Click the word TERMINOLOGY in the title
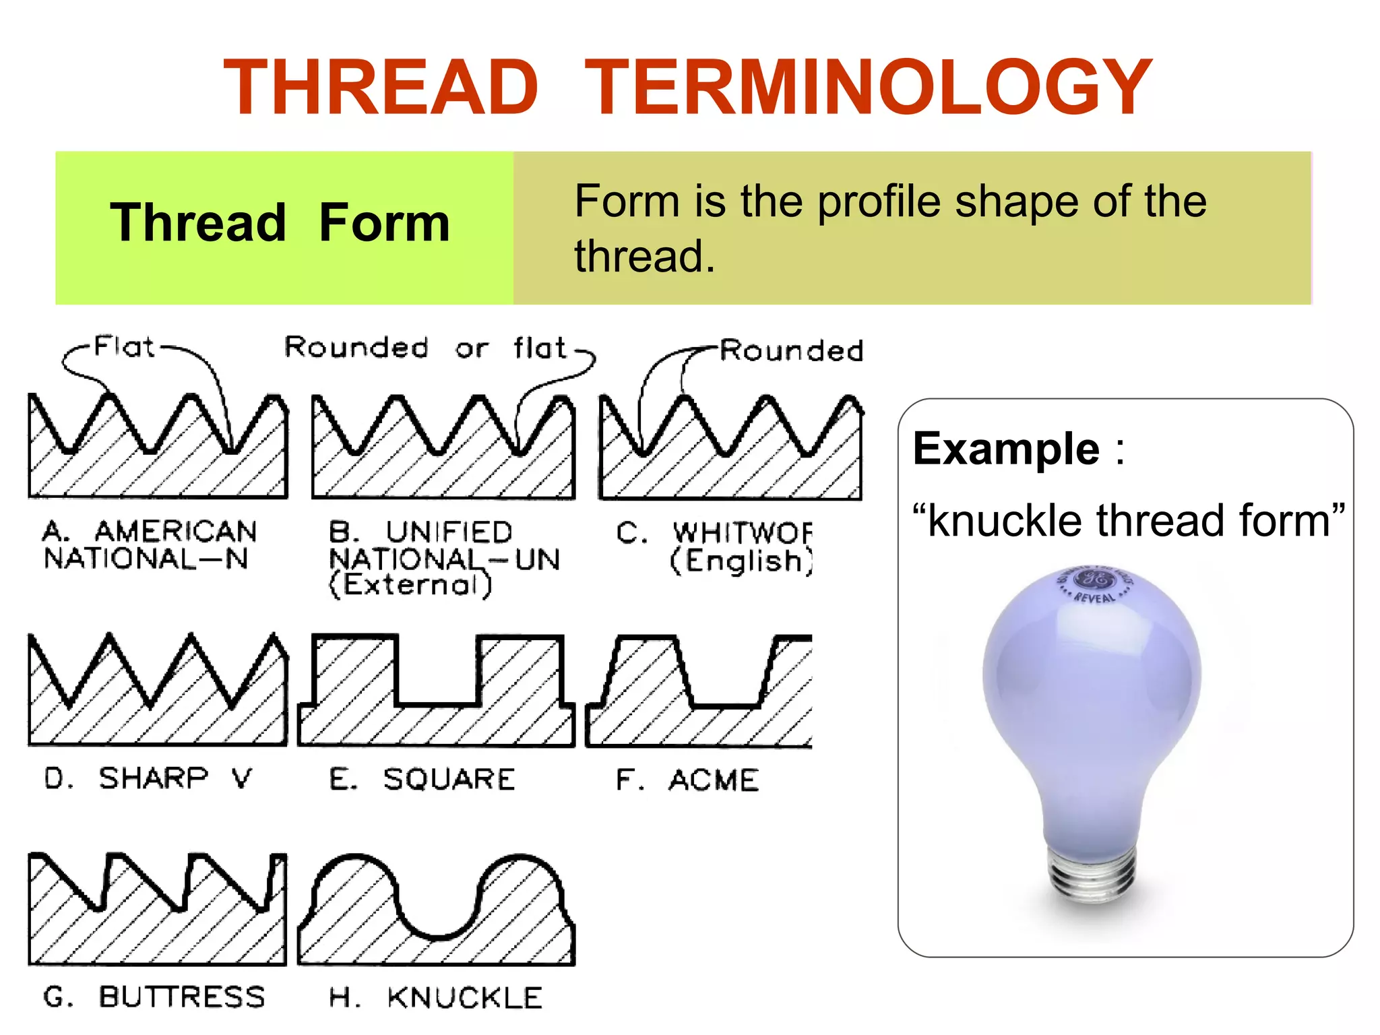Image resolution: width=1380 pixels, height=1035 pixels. point(868,88)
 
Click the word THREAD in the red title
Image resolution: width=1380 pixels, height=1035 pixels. point(381,88)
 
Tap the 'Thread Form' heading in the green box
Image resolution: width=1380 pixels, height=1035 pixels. point(280,223)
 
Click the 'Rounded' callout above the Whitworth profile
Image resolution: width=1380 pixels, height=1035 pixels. point(791,351)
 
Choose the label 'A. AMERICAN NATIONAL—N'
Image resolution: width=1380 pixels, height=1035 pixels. point(148,545)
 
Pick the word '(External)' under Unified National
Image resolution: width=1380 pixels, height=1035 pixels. point(410,585)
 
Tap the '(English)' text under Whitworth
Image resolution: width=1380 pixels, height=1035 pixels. point(741,561)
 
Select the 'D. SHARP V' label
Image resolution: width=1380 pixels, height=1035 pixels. point(148,778)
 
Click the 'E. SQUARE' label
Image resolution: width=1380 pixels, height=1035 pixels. point(422,780)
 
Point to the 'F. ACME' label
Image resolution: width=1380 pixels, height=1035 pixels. point(687,780)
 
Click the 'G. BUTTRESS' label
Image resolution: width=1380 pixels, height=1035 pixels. point(154,997)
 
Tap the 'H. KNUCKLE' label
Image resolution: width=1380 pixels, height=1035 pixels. point(435,998)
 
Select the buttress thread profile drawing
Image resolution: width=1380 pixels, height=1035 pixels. point(157,910)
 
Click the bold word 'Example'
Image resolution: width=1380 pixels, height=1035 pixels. point(1006,449)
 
